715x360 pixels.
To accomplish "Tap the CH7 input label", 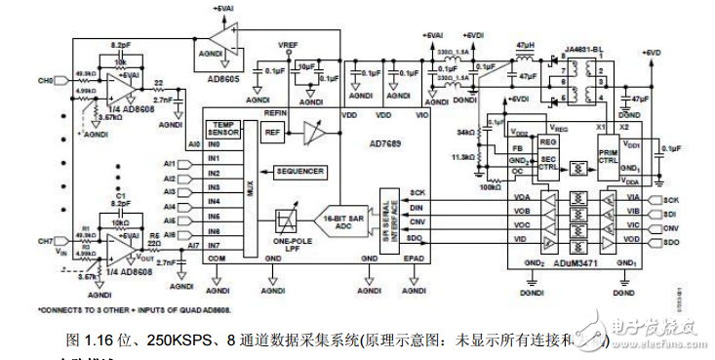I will [45, 239].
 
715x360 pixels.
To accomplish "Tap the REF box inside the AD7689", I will [272, 132].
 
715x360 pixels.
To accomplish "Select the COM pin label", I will [215, 258].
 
